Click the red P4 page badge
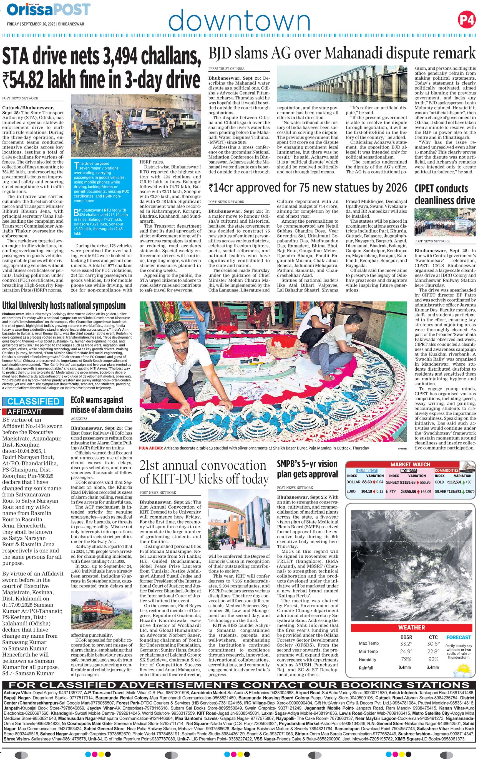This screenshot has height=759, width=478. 466,20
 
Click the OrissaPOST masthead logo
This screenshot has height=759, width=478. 49,10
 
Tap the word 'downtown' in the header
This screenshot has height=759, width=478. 239,20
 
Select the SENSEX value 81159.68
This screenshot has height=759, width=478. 407,482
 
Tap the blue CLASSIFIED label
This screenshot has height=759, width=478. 33,401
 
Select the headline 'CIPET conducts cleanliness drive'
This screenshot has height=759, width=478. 444,195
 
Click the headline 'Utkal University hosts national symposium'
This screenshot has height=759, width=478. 64,306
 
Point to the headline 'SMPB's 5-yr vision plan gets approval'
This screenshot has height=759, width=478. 307,469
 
